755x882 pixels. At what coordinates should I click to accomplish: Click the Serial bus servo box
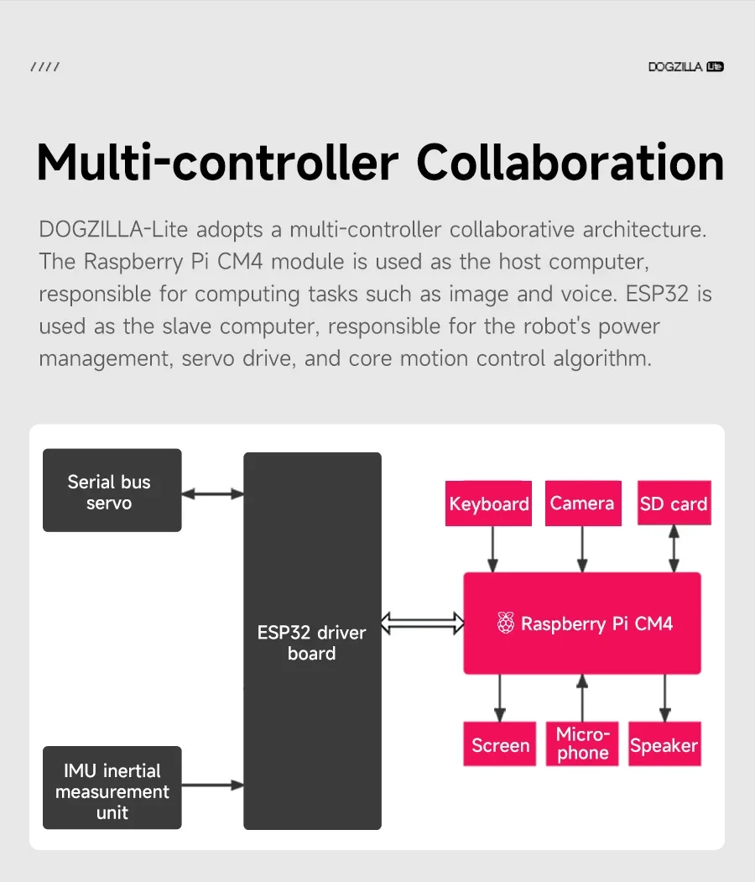pyautogui.click(x=112, y=490)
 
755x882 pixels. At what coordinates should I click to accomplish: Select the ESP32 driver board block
pyautogui.click(x=312, y=642)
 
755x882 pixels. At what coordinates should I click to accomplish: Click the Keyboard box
pyautogui.click(x=488, y=504)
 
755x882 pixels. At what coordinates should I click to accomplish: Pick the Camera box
pyautogui.click(x=582, y=503)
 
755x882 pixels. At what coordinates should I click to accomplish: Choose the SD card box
pyautogui.click(x=674, y=504)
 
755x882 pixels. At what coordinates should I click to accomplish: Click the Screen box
pyautogui.click(x=500, y=744)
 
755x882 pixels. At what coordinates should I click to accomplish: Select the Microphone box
pyautogui.click(x=582, y=744)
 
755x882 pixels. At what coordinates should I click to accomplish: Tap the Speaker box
pyautogui.click(x=664, y=744)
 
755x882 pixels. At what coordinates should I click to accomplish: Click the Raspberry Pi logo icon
pyautogui.click(x=505, y=624)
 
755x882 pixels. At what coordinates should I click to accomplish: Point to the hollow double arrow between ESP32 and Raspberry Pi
pyautogui.click(x=422, y=623)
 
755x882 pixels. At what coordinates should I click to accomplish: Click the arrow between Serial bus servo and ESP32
pyautogui.click(x=212, y=494)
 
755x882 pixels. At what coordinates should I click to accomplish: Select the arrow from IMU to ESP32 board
pyautogui.click(x=212, y=785)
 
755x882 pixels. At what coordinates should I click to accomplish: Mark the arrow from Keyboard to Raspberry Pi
pyautogui.click(x=493, y=549)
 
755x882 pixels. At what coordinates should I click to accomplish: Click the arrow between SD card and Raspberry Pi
pyautogui.click(x=674, y=549)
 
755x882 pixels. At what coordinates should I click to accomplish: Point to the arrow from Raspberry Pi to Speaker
pyautogui.click(x=665, y=697)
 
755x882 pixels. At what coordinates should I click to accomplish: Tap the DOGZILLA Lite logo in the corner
pyautogui.click(x=685, y=67)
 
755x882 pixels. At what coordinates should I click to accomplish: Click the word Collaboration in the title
pyautogui.click(x=570, y=163)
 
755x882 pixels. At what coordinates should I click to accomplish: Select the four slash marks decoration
pyautogui.click(x=44, y=67)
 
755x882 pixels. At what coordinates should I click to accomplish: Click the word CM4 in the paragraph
pyautogui.click(x=241, y=261)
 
